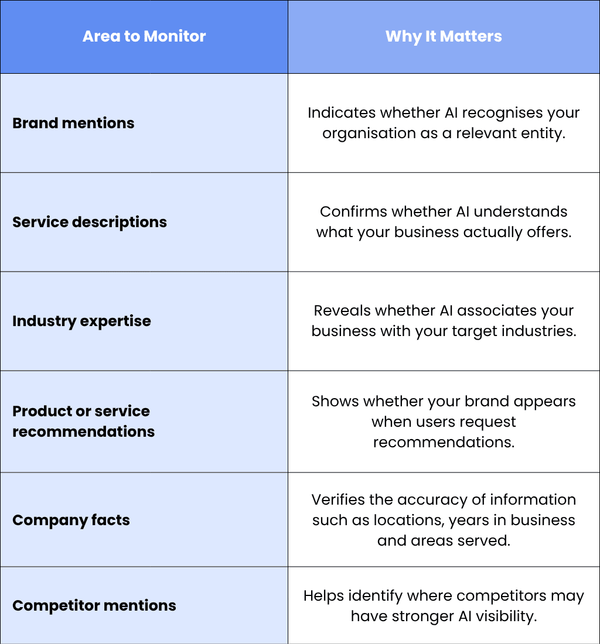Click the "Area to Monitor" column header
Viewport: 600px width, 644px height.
pos(144,36)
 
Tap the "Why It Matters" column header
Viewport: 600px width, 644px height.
pos(444,36)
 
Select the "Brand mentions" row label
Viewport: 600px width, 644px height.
pos(73,123)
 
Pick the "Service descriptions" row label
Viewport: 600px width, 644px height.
pos(90,222)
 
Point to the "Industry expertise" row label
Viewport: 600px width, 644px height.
pos(82,321)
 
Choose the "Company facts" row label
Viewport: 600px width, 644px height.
pos(71,520)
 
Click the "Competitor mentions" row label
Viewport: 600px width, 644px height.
pos(94,606)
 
